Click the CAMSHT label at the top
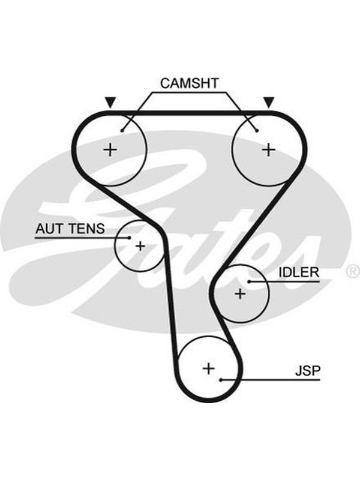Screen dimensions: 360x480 [190, 83]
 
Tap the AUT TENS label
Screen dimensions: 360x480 [70, 229]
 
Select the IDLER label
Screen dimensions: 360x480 [299, 272]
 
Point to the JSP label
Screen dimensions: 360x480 [308, 371]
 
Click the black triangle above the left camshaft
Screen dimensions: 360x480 [110, 102]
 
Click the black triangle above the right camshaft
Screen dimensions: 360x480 [269, 102]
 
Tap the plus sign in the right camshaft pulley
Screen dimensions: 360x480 [269, 149]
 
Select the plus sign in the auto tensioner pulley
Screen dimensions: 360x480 [140, 246]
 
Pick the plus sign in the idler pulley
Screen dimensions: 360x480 [241, 293]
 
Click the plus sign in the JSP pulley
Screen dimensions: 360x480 [209, 368]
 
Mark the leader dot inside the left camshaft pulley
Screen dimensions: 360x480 [122, 131]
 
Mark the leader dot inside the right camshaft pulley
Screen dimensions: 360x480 [257, 131]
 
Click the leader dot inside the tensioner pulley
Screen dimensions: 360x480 [130, 238]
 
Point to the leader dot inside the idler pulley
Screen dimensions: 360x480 [249, 281]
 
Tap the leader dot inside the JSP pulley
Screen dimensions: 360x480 [221, 380]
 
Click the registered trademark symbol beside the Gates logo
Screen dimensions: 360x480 [353, 271]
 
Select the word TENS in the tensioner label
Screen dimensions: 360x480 [86, 229]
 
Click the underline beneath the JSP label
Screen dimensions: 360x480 [271, 380]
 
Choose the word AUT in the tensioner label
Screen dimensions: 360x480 [49, 229]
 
